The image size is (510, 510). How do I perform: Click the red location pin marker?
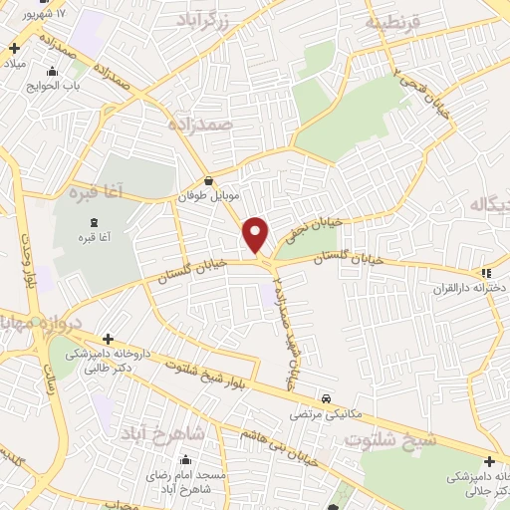[x=256, y=233]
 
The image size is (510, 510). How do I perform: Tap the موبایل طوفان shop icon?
[x=208, y=181]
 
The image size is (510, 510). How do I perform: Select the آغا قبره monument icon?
[x=94, y=221]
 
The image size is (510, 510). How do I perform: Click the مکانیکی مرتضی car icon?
[x=327, y=394]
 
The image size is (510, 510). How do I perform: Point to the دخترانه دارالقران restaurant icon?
[x=485, y=272]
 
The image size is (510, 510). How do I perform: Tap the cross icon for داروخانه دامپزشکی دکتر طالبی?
[x=108, y=339]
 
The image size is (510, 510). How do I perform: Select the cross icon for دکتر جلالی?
[x=489, y=461]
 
